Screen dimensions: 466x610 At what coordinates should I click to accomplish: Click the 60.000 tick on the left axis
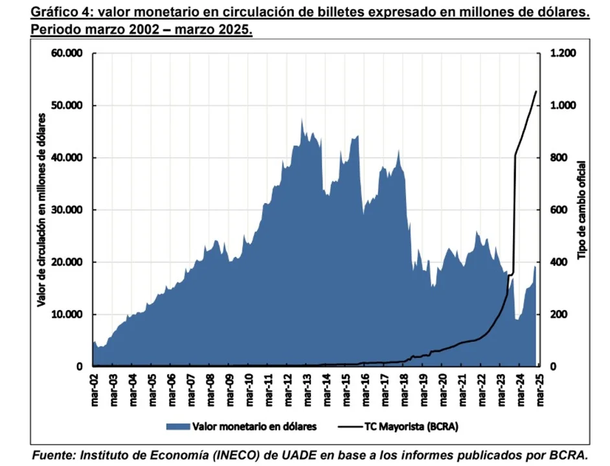tap(67, 53)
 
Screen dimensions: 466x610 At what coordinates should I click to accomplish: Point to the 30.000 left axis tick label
tap(67, 210)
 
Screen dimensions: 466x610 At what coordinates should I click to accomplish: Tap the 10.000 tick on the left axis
tap(67, 315)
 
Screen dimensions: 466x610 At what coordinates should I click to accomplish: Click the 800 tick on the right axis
tap(557, 158)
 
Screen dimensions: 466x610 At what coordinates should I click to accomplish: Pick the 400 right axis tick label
tap(557, 262)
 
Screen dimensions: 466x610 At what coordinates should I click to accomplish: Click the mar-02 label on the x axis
tap(95, 387)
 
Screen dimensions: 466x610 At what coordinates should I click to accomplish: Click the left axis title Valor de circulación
tap(41, 210)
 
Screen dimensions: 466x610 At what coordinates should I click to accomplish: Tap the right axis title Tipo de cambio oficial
tap(582, 210)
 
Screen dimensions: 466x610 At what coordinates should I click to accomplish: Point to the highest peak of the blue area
tap(302, 120)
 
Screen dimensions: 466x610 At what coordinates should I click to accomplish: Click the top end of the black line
tap(536, 91)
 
